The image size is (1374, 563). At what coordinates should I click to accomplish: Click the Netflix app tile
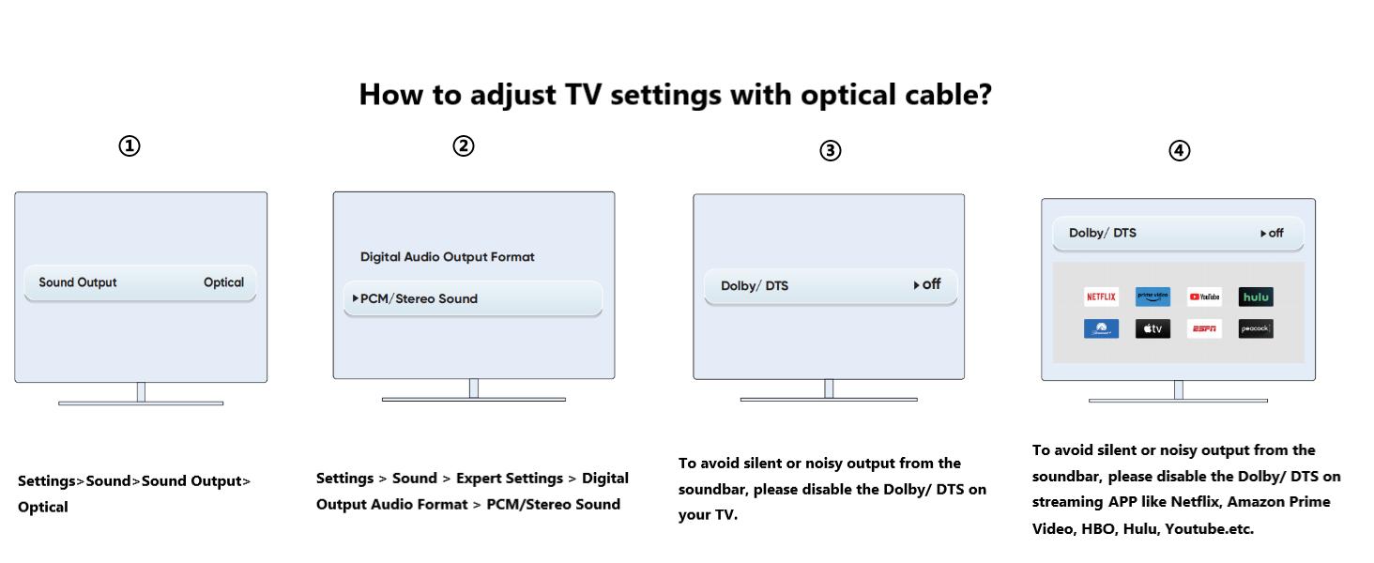pos(1101,297)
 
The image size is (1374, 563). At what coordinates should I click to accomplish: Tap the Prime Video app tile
pos(1153,297)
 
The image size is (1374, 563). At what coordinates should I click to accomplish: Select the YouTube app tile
pos(1204,297)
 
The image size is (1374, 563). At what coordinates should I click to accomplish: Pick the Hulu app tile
pos(1256,297)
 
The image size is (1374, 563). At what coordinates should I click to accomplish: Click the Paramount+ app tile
pos(1101,328)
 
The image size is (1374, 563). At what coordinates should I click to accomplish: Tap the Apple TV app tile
pos(1153,328)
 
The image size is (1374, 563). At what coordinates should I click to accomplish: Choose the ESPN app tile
pos(1204,328)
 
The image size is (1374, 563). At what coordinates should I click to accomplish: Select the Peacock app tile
pos(1256,328)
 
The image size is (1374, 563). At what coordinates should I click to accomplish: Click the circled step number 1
pos(130,146)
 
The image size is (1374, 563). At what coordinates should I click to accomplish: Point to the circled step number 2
pos(464,146)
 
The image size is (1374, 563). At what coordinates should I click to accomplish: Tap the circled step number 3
pos(831,150)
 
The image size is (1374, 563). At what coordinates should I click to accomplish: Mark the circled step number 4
pos(1180,150)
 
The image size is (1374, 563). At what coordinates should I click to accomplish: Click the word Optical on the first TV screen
pos(223,282)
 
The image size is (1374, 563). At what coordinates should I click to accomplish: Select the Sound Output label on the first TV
pos(78,282)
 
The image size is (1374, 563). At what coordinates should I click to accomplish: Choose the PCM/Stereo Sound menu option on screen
pos(419,298)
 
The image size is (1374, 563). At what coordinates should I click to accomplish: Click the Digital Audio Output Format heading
pos(448,257)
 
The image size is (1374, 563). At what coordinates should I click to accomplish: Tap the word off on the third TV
pos(931,284)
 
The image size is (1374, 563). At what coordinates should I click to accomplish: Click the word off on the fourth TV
pos(1275,234)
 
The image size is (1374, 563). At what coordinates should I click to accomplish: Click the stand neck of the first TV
pos(141,392)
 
